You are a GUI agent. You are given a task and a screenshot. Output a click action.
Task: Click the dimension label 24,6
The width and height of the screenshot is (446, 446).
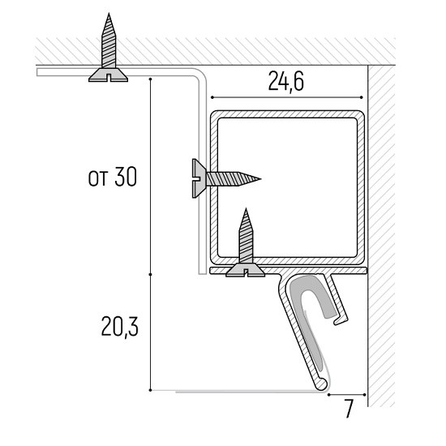pos(286,81)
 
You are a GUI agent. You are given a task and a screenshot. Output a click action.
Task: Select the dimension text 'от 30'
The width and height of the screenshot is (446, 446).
pos(113,177)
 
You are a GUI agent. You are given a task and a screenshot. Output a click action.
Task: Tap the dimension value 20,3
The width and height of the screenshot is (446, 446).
pos(120,327)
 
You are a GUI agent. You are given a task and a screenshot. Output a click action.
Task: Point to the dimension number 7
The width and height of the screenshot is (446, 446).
pos(349,408)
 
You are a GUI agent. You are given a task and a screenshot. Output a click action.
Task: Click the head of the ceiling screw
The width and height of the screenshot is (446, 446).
pos(108,75)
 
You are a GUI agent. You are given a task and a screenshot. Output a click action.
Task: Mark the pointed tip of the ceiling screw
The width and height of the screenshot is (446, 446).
pos(109,14)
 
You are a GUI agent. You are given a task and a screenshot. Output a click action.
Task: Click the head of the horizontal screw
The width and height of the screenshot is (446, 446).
pos(199,178)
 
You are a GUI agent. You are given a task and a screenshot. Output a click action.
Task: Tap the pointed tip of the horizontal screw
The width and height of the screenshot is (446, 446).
pos(260,179)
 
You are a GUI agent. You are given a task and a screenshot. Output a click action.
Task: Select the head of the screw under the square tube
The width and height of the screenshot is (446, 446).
pos(245,270)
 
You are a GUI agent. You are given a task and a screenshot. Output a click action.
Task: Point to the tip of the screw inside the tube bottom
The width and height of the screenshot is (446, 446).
pos(246,209)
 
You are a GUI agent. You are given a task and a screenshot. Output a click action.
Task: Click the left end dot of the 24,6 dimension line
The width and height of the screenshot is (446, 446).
pos(212,97)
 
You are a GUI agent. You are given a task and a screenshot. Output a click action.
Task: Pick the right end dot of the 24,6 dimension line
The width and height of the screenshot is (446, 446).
pos(362,97)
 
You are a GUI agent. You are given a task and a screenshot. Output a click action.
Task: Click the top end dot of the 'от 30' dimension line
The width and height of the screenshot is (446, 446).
pos(150,79)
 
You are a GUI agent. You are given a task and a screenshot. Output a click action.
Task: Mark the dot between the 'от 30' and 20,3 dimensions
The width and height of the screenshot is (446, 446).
pos(150,274)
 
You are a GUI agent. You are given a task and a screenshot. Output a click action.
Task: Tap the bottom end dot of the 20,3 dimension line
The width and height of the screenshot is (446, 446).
pos(150,390)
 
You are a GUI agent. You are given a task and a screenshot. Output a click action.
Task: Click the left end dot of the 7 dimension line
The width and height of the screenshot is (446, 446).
pos(328,395)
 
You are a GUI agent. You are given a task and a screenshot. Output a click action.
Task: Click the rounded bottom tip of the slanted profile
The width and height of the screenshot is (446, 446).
pos(322,385)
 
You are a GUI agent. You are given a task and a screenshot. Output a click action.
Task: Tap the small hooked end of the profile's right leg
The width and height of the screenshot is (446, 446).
pos(341,320)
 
